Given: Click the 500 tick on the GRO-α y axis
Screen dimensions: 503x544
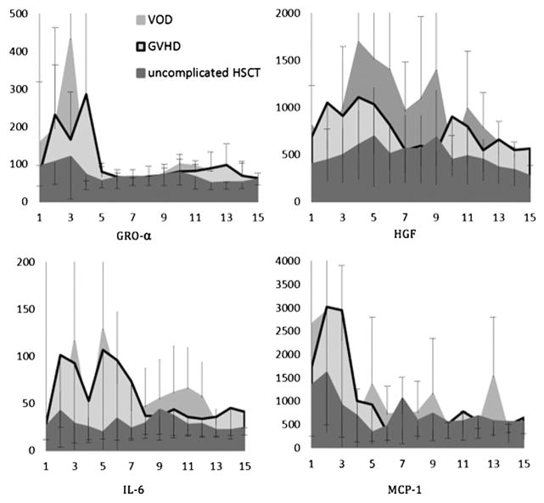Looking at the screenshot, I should [x=14, y=14].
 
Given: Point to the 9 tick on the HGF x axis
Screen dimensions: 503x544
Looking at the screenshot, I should [x=461, y=216].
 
